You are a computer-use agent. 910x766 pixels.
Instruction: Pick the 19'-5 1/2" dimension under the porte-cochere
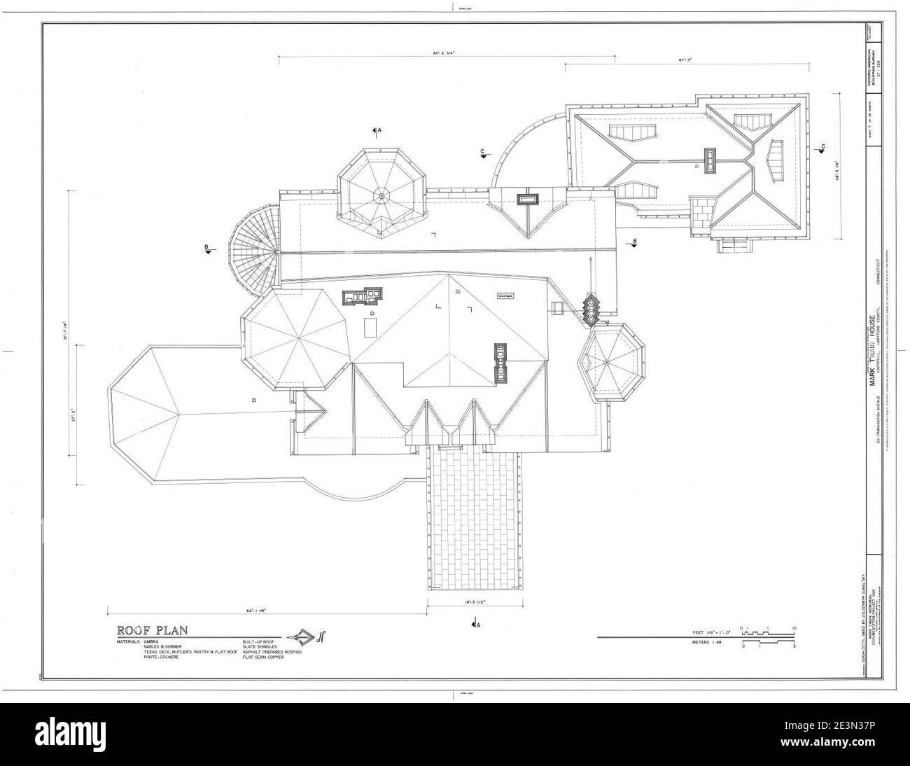[475, 601]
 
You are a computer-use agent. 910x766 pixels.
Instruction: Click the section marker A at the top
[377, 130]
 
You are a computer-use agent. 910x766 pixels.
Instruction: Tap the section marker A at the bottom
[476, 624]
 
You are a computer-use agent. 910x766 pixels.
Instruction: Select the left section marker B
[208, 249]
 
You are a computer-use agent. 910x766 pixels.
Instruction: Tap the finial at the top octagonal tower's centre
[381, 195]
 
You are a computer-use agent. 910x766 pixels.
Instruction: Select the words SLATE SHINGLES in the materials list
[259, 646]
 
